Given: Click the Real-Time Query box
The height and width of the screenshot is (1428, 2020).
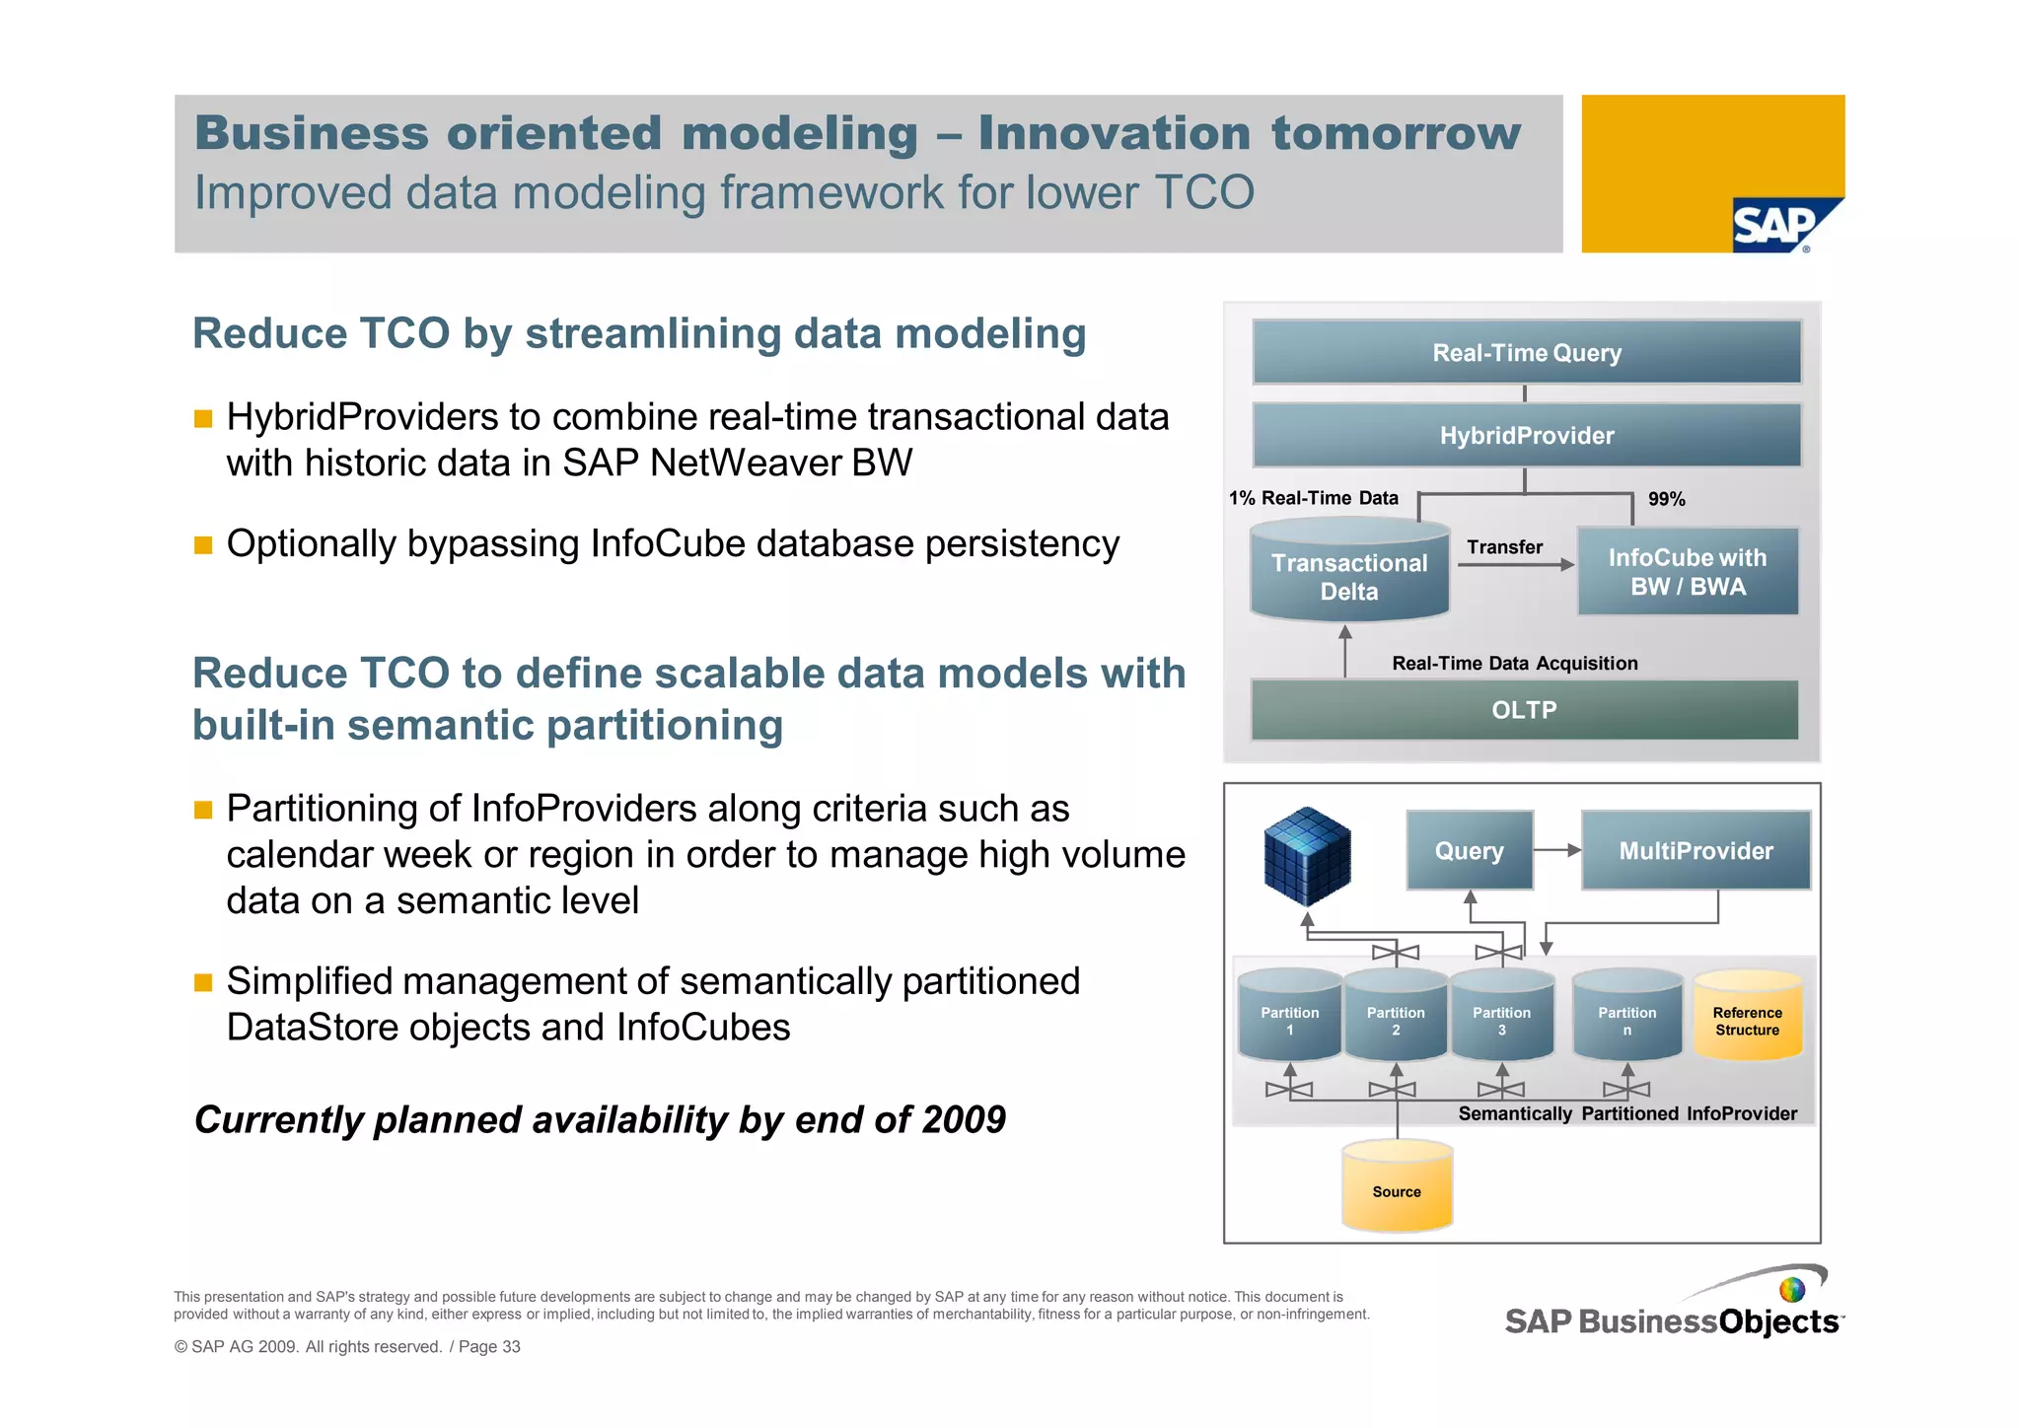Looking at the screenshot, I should pos(1526,352).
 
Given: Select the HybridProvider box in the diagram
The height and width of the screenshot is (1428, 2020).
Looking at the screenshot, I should pos(1526,435).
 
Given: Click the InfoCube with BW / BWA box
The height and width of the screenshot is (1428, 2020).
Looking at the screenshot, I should pos(1687,572).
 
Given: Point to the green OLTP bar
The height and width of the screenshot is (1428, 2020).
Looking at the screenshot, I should pos(1524,710).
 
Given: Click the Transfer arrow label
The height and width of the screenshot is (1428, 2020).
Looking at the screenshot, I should pos(1504,547).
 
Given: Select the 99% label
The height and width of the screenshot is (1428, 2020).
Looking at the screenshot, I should pos(1666,499).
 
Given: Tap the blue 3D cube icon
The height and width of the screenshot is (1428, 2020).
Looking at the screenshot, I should pos(1307,856).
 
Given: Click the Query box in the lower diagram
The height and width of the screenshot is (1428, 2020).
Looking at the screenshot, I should pos(1469,850).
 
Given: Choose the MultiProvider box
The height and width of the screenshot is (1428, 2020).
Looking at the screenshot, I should pos(1695,850).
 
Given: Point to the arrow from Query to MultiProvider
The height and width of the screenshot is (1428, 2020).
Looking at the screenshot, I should pos(1557,850).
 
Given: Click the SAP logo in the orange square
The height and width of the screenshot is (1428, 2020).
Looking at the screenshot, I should pos(1775,226).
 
